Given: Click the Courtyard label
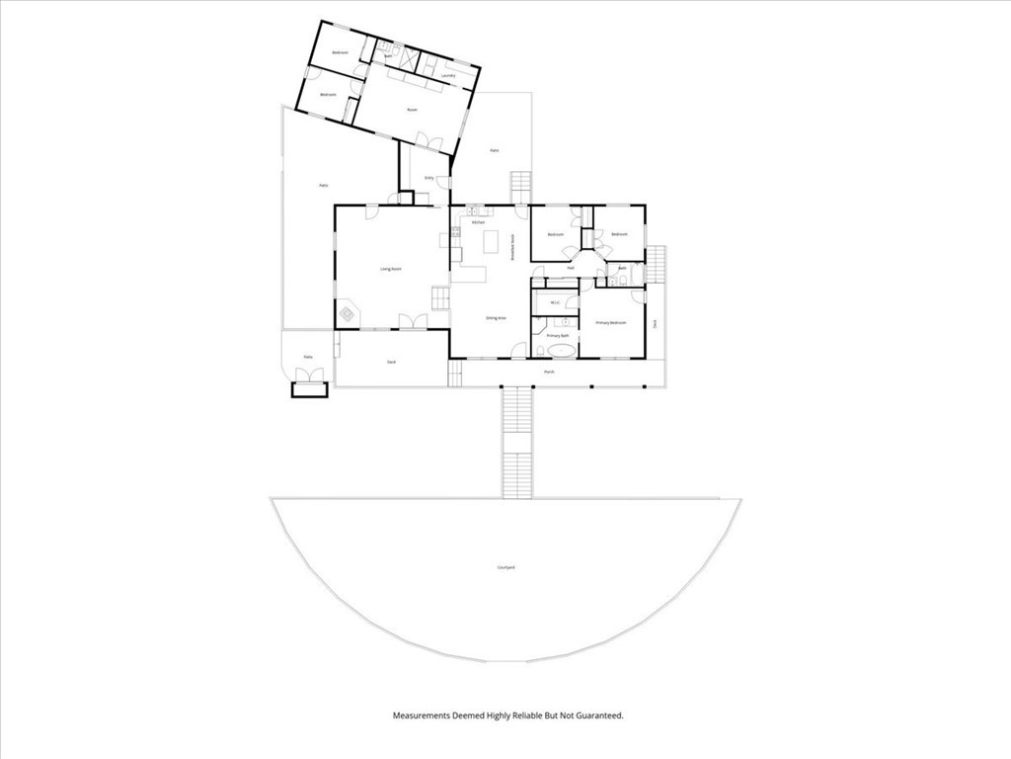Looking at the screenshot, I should point(505,567).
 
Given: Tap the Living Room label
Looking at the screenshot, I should point(391,269).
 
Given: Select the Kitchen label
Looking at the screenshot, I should point(478,223).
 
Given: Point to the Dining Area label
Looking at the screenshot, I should point(496,318).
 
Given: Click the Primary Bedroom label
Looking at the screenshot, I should point(611,323).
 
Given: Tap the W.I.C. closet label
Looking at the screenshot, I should point(555,303).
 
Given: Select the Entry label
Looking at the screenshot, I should point(428,178).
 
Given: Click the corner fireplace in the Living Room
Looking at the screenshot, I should point(348,314).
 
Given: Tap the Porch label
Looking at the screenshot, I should point(549,373).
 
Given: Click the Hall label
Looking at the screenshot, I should point(571,268).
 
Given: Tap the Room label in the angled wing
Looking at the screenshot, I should point(412,110).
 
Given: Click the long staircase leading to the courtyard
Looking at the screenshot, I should point(516,442).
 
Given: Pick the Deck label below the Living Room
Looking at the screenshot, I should point(392,363).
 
